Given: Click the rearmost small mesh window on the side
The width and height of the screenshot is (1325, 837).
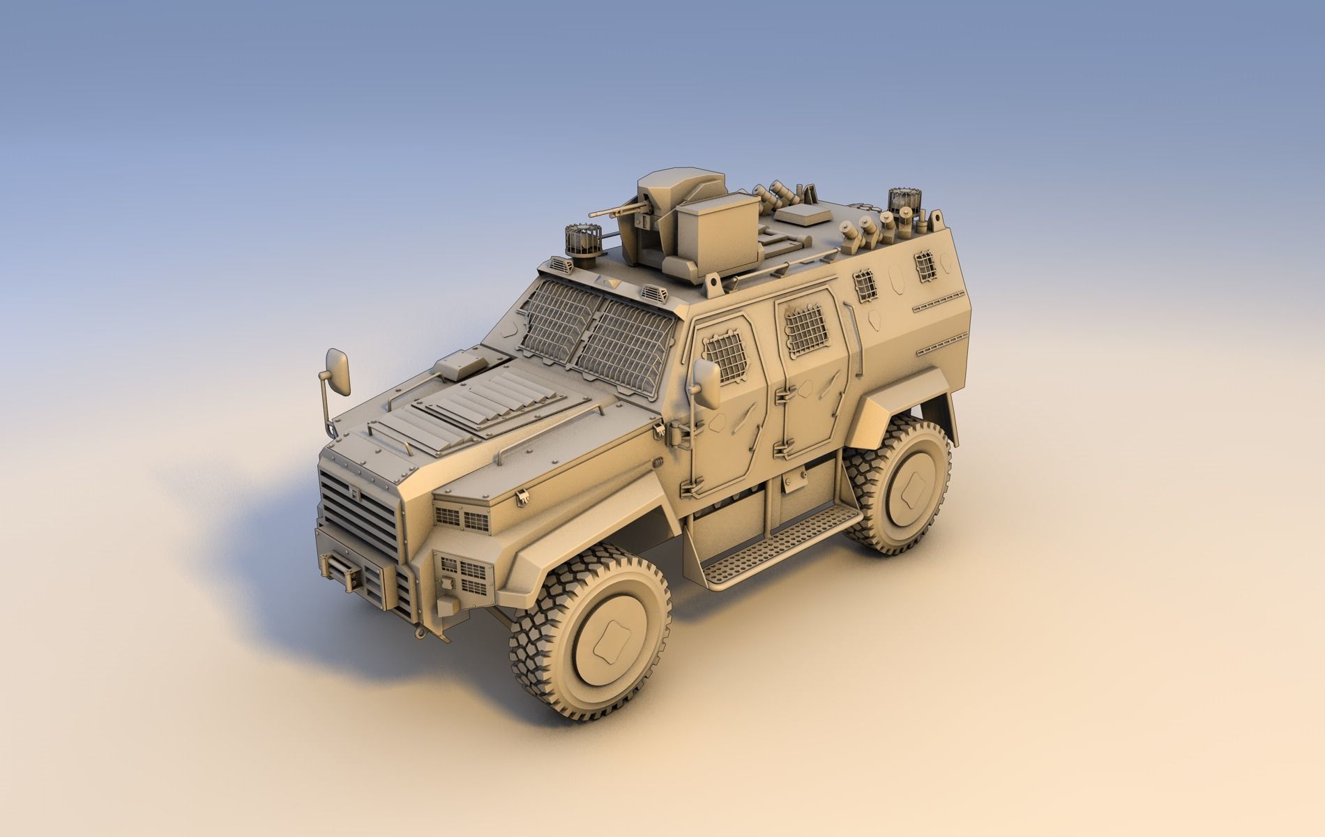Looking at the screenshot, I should click(x=924, y=264).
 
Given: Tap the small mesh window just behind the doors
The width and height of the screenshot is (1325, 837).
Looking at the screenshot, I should click(x=863, y=285).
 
